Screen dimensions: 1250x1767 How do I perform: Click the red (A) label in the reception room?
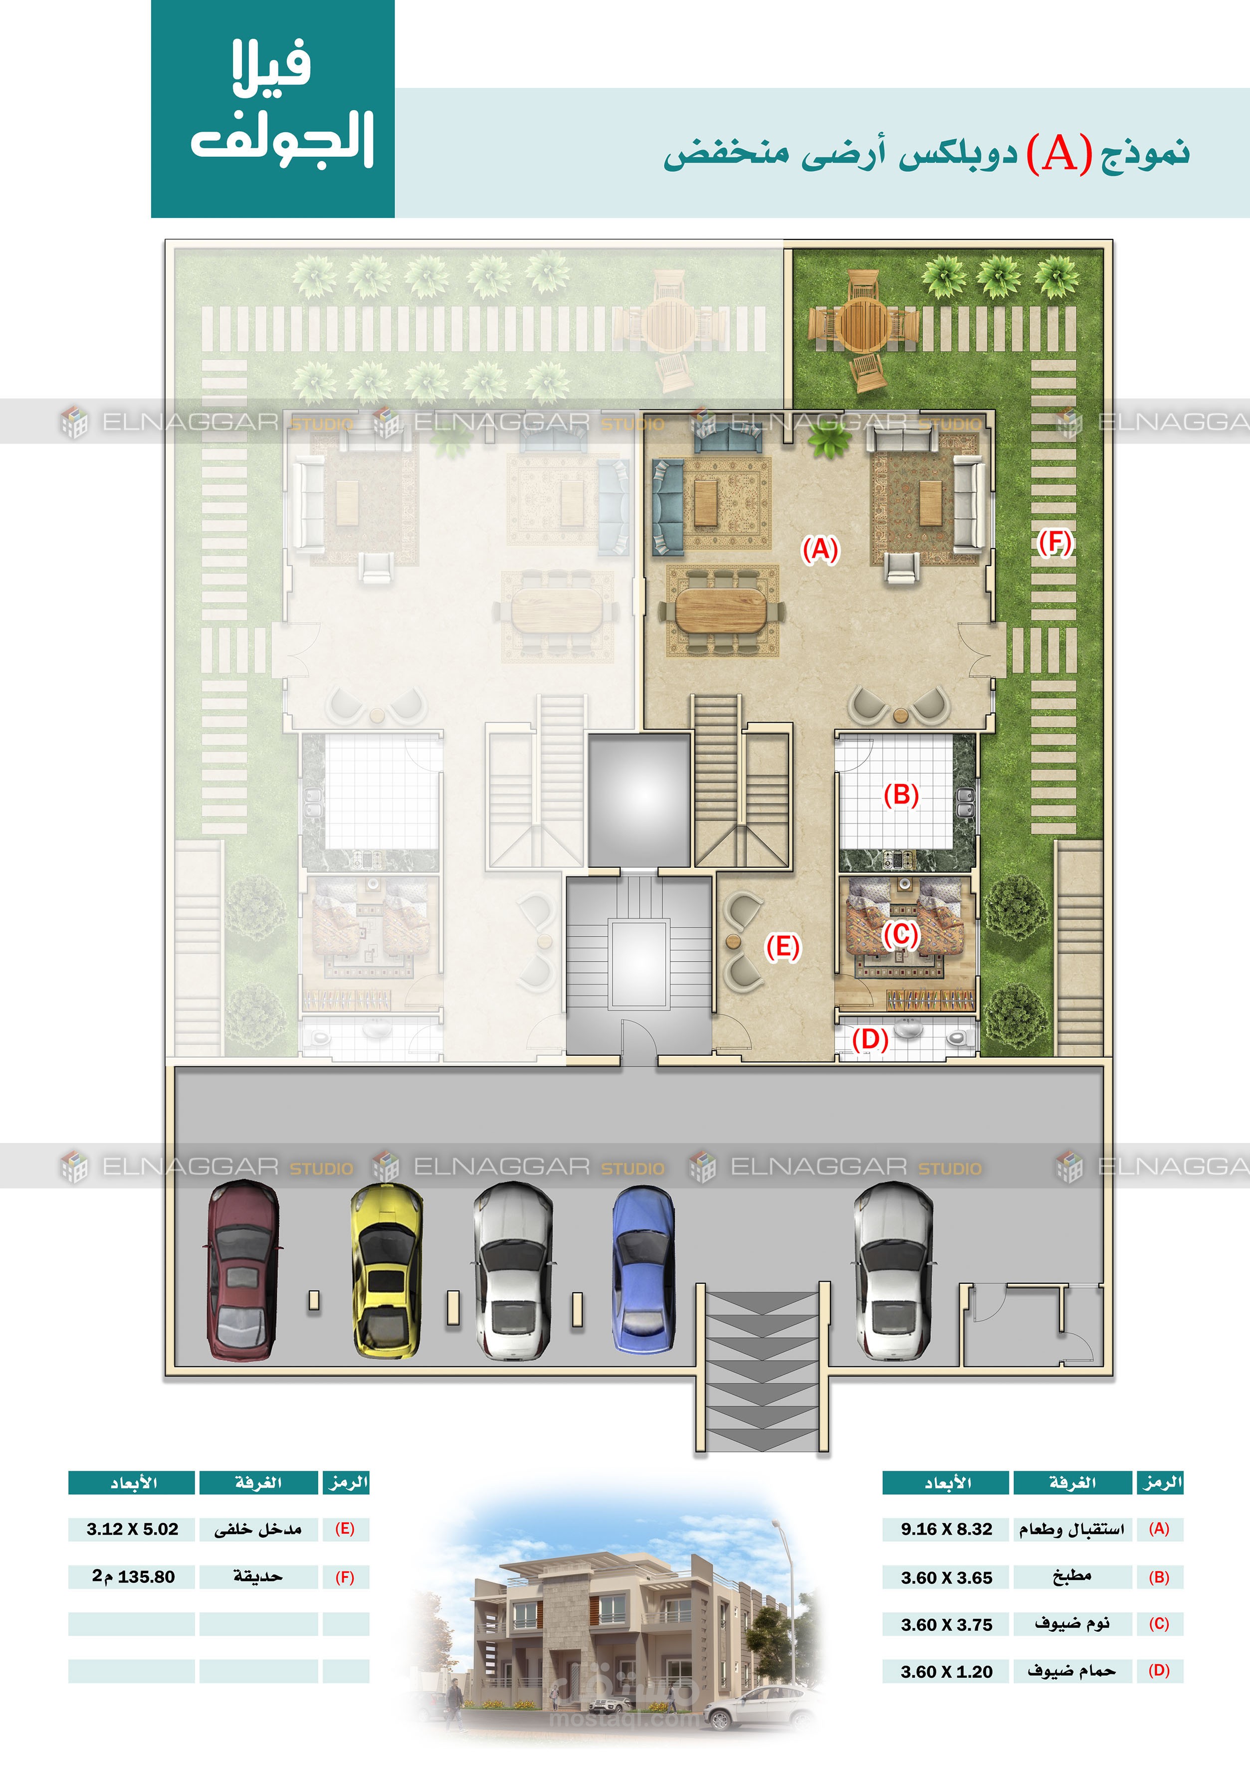tap(820, 550)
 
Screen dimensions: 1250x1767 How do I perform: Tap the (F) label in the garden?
tap(1054, 543)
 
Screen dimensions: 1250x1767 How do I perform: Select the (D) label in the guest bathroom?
tap(870, 1040)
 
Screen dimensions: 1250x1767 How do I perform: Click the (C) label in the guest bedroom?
tap(900, 935)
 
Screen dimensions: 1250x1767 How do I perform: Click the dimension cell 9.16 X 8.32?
tap(946, 1529)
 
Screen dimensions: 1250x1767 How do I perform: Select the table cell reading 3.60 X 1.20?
tap(946, 1672)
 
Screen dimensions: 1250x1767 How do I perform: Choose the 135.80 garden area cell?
tap(132, 1577)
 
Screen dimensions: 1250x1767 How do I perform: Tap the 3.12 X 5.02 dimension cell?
tap(132, 1529)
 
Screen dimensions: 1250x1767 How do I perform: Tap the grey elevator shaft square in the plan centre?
tap(639, 799)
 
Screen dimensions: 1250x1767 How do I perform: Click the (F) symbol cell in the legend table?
tap(345, 1577)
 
